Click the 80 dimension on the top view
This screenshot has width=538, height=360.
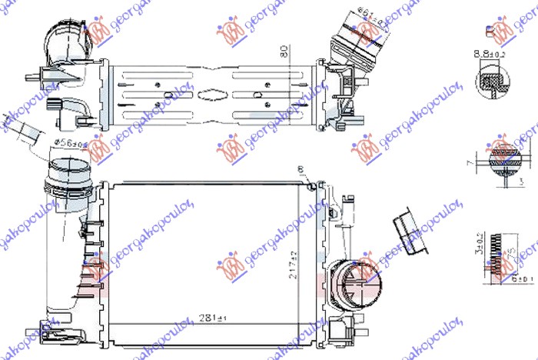click(284, 54)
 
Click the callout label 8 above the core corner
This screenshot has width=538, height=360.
click(301, 170)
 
